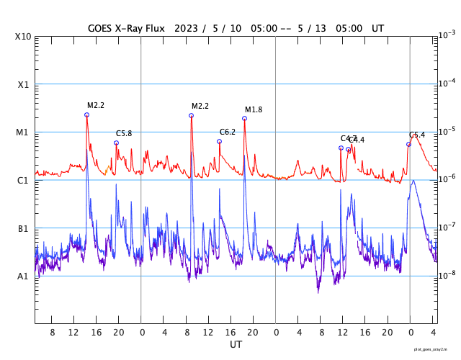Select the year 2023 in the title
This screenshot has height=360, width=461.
pos(192,28)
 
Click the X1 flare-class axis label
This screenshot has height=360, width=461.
pos(24,84)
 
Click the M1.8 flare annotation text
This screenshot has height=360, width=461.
pos(254,109)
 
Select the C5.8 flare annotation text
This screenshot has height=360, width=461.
pos(124,134)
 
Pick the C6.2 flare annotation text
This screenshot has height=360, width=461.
pos(228,132)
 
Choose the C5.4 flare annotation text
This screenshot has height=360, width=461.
pos(417,135)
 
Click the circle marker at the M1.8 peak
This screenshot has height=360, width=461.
pos(244,118)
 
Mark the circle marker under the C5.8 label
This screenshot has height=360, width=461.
pos(116,143)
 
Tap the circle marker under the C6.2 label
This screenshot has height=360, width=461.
pos(219,141)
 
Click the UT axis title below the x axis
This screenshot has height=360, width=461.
pos(236,345)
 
